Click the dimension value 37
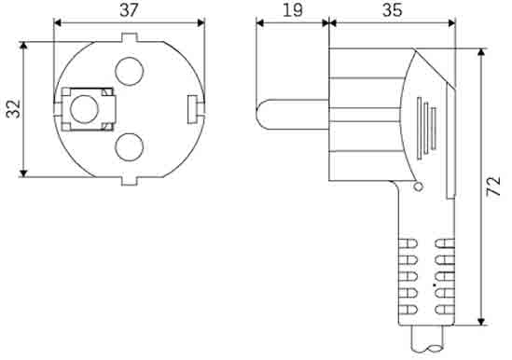click(129, 10)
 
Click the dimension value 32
click(14, 109)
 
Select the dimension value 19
click(292, 10)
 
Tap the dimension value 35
click(393, 10)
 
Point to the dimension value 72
click(493, 187)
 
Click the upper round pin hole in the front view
click(130, 71)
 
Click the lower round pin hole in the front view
click(130, 147)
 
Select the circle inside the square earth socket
click(84, 109)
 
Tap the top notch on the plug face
click(130, 37)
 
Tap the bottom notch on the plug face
click(130, 181)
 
